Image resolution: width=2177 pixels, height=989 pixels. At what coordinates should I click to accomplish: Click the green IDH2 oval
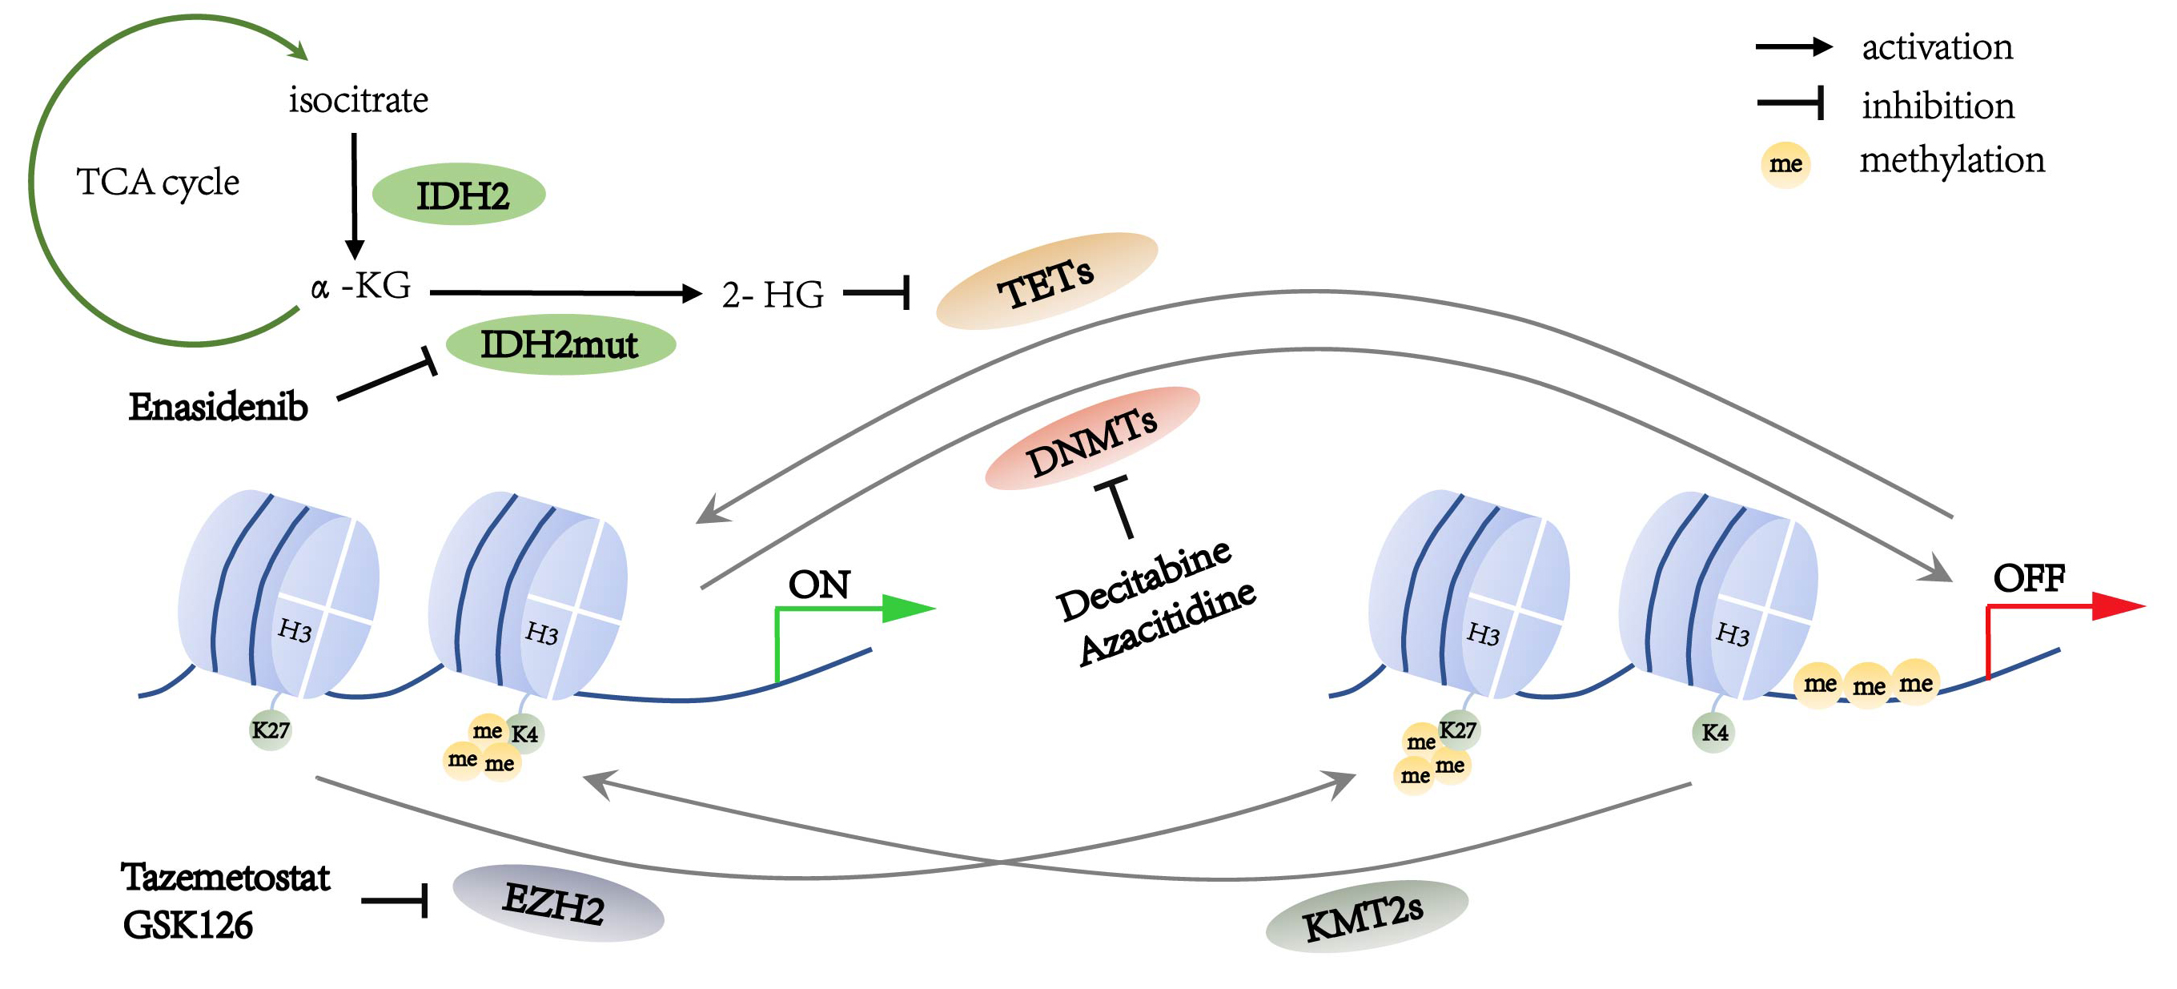pyautogui.click(x=459, y=195)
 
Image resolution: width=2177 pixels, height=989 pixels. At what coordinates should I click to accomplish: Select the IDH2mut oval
pyautogui.click(x=560, y=345)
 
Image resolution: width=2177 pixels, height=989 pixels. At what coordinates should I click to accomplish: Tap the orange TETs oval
pyautogui.click(x=1046, y=280)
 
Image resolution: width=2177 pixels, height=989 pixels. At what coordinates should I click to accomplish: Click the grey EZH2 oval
pyautogui.click(x=558, y=903)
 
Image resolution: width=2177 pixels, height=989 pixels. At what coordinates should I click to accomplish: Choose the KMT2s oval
pyautogui.click(x=1367, y=916)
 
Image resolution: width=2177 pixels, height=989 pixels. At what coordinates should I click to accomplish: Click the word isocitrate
pyautogui.click(x=359, y=100)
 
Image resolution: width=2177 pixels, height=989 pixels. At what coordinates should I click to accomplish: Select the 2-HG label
pyautogui.click(x=773, y=295)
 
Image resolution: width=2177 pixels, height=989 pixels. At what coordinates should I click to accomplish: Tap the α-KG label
pyautogui.click(x=361, y=286)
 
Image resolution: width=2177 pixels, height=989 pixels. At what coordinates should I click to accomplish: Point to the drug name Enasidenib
pyautogui.click(x=218, y=408)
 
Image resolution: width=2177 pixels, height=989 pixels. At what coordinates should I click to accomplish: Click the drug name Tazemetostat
pyautogui.click(x=225, y=878)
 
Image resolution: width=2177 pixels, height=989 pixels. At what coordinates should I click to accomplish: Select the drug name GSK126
pyautogui.click(x=187, y=926)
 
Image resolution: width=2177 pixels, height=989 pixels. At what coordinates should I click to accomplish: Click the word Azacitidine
pyautogui.click(x=1168, y=624)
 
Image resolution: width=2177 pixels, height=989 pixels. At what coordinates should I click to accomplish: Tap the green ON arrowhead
pyautogui.click(x=909, y=608)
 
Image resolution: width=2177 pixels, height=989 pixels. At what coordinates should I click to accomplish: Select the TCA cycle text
pyautogui.click(x=158, y=183)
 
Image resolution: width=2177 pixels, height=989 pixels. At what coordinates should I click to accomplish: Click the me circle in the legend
pyautogui.click(x=1785, y=164)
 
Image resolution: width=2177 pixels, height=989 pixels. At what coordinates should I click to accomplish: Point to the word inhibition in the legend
pyautogui.click(x=1938, y=106)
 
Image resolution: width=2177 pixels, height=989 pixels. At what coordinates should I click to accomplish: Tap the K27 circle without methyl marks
pyautogui.click(x=271, y=730)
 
